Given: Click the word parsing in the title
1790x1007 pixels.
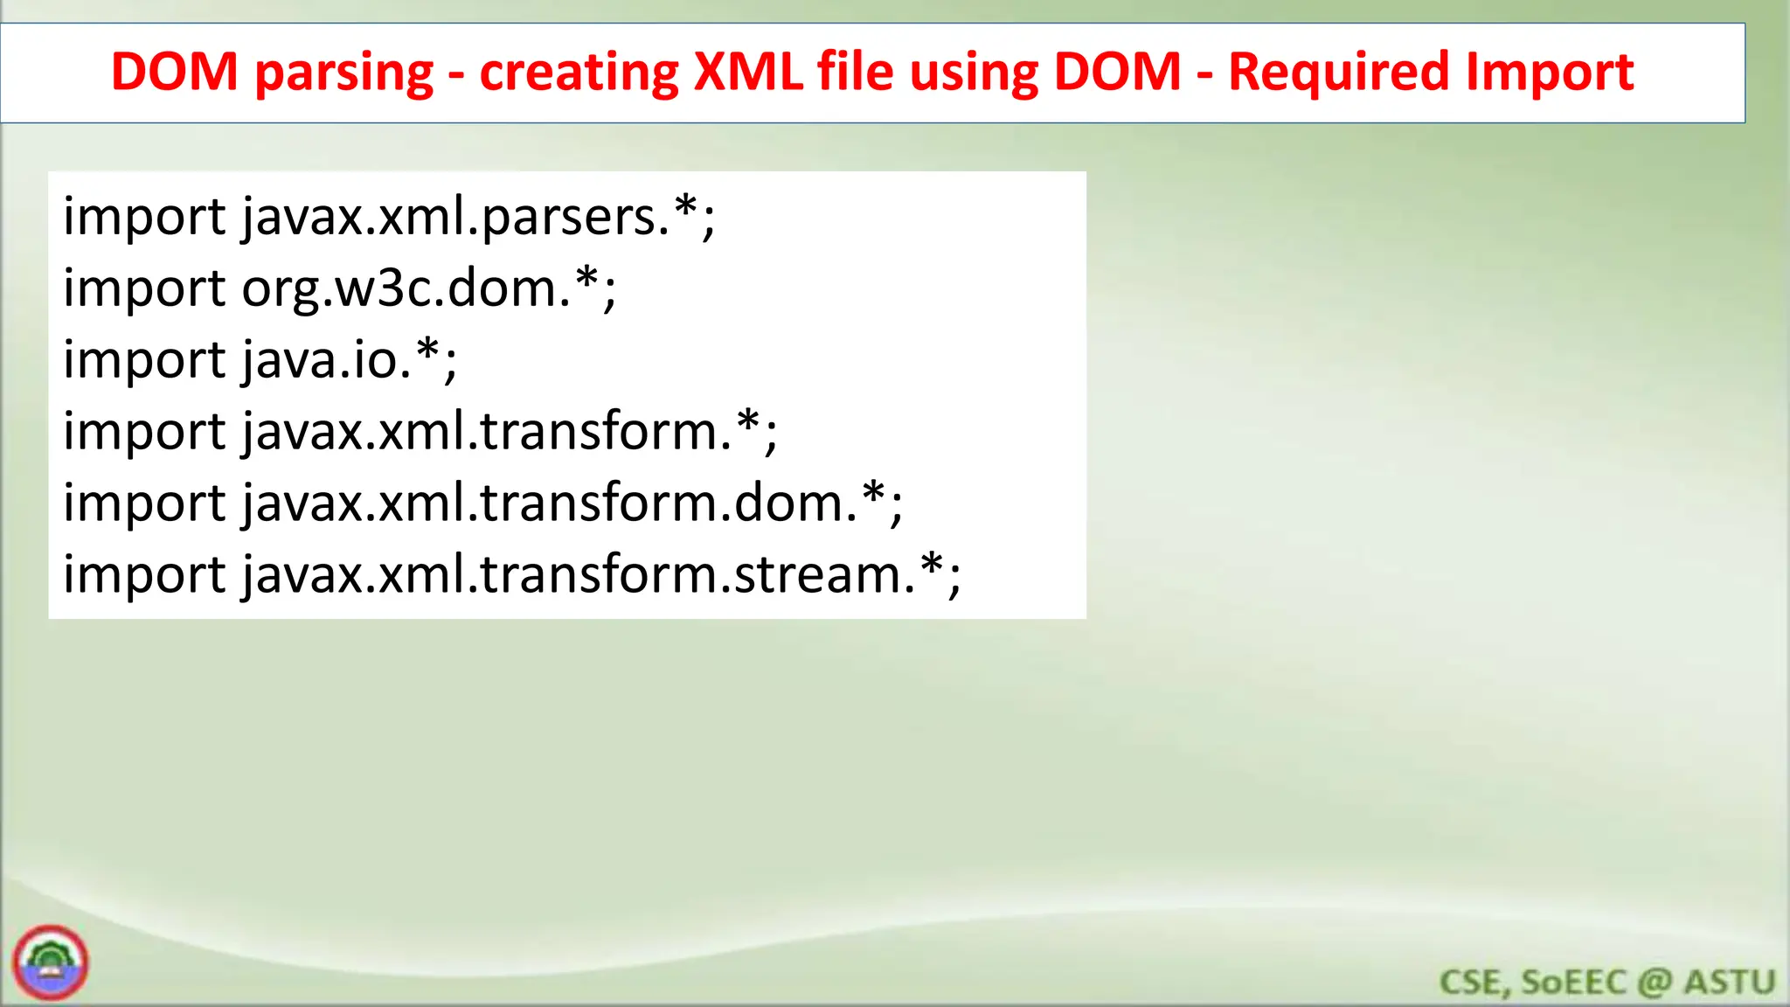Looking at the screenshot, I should [x=344, y=73].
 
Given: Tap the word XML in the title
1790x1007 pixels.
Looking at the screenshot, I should [x=748, y=72].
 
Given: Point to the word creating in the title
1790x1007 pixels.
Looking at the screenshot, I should [x=579, y=73].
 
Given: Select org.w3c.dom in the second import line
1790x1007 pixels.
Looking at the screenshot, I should [x=406, y=288].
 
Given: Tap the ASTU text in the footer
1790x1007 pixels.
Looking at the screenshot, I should [x=1730, y=983].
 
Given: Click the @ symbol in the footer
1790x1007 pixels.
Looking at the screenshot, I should [x=1655, y=983].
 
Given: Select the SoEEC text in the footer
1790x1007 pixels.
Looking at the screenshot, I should [x=1573, y=983].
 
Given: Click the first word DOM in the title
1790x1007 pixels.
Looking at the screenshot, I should [x=175, y=72].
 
